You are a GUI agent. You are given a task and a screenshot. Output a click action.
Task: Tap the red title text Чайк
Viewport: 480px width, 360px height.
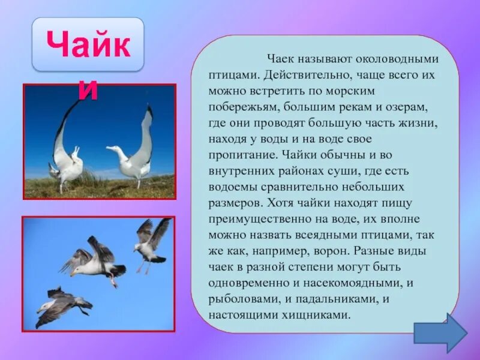click(x=88, y=46)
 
